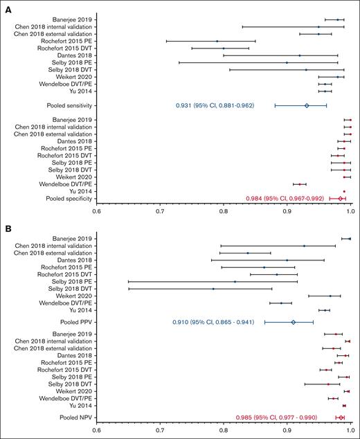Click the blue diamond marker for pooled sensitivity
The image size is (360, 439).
point(307,106)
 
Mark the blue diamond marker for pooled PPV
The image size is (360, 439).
point(293,322)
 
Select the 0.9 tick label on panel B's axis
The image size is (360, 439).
point(287,429)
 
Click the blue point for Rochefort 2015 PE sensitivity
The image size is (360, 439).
point(217,41)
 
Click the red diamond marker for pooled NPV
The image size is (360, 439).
point(341,418)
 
